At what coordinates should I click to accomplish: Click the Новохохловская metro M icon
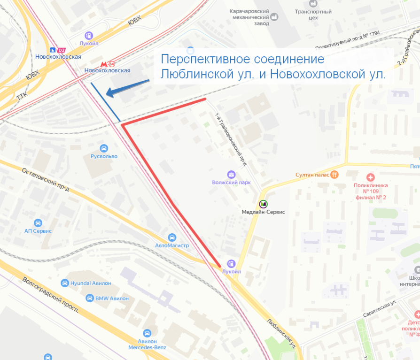pos(104,64)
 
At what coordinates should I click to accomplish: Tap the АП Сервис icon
pos(38,222)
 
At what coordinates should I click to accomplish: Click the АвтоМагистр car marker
pos(172,237)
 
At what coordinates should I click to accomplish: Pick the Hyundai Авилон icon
pos(65,283)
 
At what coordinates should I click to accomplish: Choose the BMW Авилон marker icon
pos(90,298)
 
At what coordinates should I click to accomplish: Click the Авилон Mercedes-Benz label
pos(148,344)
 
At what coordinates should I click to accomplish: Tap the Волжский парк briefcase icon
pos(231,174)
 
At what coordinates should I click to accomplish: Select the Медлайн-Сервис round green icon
pos(263,204)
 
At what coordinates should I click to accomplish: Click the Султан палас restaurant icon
pos(334,175)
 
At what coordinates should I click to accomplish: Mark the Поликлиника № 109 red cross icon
pos(370,177)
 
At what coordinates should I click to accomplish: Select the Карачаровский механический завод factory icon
pos(274,17)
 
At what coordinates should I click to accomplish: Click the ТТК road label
pos(22,97)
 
